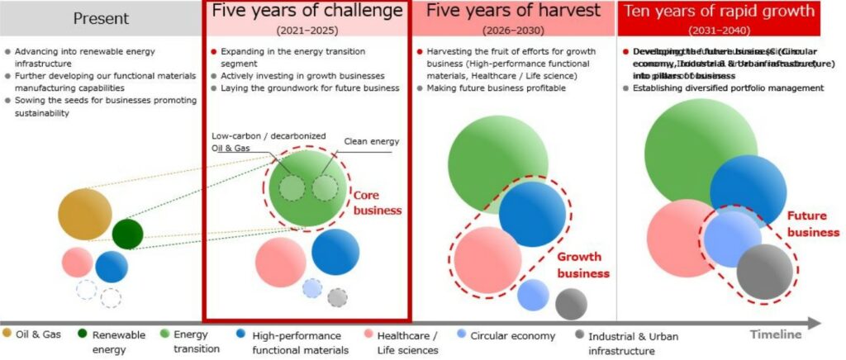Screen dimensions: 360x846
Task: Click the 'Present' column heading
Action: point(101,17)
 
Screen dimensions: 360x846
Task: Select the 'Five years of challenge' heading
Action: point(307,11)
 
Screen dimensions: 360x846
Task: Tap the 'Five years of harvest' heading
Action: point(512,11)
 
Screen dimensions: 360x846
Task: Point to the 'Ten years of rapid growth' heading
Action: point(719,11)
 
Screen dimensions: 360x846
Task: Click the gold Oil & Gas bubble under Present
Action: point(85,215)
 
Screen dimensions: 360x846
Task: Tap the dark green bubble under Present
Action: point(127,234)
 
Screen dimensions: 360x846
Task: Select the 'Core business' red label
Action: point(377,202)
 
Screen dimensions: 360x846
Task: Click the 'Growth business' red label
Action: point(582,265)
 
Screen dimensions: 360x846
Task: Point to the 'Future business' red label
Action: point(812,224)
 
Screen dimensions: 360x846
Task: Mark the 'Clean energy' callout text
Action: point(371,141)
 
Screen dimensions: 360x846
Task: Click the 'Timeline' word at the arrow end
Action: point(776,334)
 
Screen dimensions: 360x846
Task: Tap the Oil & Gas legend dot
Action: point(7,334)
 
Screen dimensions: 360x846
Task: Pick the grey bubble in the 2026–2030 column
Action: point(571,303)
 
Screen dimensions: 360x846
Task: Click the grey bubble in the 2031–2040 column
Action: point(764,272)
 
